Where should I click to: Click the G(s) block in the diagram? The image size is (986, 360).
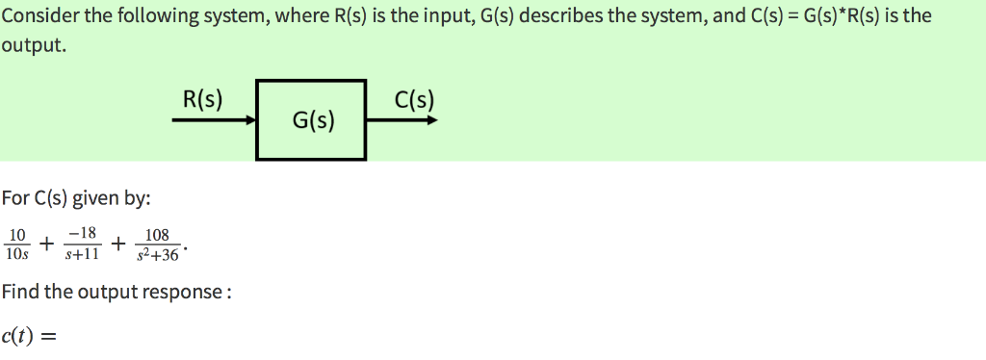(311, 120)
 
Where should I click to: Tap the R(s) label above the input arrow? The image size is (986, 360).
(202, 98)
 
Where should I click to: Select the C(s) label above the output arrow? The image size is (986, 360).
(414, 98)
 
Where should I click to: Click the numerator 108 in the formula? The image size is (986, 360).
(156, 234)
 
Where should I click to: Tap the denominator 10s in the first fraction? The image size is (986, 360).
(17, 255)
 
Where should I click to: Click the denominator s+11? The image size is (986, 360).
(82, 255)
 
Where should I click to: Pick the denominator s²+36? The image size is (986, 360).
(157, 255)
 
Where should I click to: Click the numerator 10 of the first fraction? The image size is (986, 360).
(17, 234)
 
